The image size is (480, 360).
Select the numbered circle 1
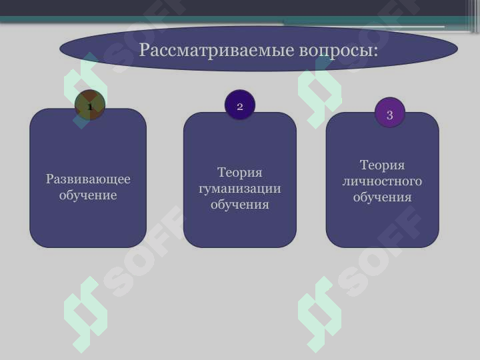pos(90,105)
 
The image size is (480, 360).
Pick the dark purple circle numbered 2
pos(240,105)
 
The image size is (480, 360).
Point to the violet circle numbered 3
pos(390,113)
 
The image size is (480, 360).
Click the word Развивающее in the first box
pos(88,179)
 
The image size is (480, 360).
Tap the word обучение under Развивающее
pos(88,195)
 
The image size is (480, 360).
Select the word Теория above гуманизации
pos(240,173)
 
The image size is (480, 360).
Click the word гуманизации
pos(240,189)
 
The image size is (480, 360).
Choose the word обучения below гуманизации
pos(240,205)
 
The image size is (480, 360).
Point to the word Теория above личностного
pos(382,165)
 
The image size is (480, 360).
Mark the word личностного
pos(382,181)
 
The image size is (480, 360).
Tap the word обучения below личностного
pos(382,197)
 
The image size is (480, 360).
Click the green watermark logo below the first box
pos(85,313)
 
